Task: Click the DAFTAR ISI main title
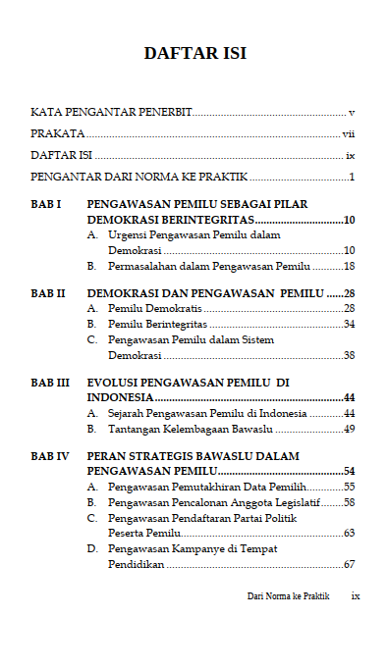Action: pyautogui.click(x=193, y=53)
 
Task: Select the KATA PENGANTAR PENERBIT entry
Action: pyautogui.click(x=111, y=113)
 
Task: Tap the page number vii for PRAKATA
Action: pyautogui.click(x=348, y=134)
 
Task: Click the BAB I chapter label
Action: pyautogui.click(x=46, y=204)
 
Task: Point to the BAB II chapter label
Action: pyautogui.click(x=48, y=293)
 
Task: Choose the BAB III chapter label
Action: pyautogui.click(x=49, y=383)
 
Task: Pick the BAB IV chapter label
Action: pyautogui.click(x=49, y=456)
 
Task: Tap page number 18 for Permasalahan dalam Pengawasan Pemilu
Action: pyautogui.click(x=349, y=266)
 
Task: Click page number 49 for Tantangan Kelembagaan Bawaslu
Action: pyautogui.click(x=349, y=429)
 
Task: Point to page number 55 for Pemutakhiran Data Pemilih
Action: pyautogui.click(x=349, y=487)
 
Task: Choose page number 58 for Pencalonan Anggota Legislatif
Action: pyautogui.click(x=349, y=502)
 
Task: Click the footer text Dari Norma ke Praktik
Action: pyautogui.click(x=289, y=595)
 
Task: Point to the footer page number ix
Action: pyautogui.click(x=356, y=595)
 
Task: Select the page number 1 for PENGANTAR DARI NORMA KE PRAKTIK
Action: pyautogui.click(x=351, y=178)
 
